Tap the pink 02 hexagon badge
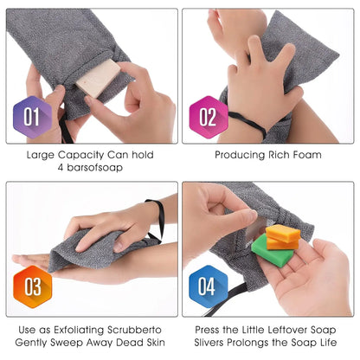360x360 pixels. [x=208, y=117]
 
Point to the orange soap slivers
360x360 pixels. [x=282, y=235]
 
